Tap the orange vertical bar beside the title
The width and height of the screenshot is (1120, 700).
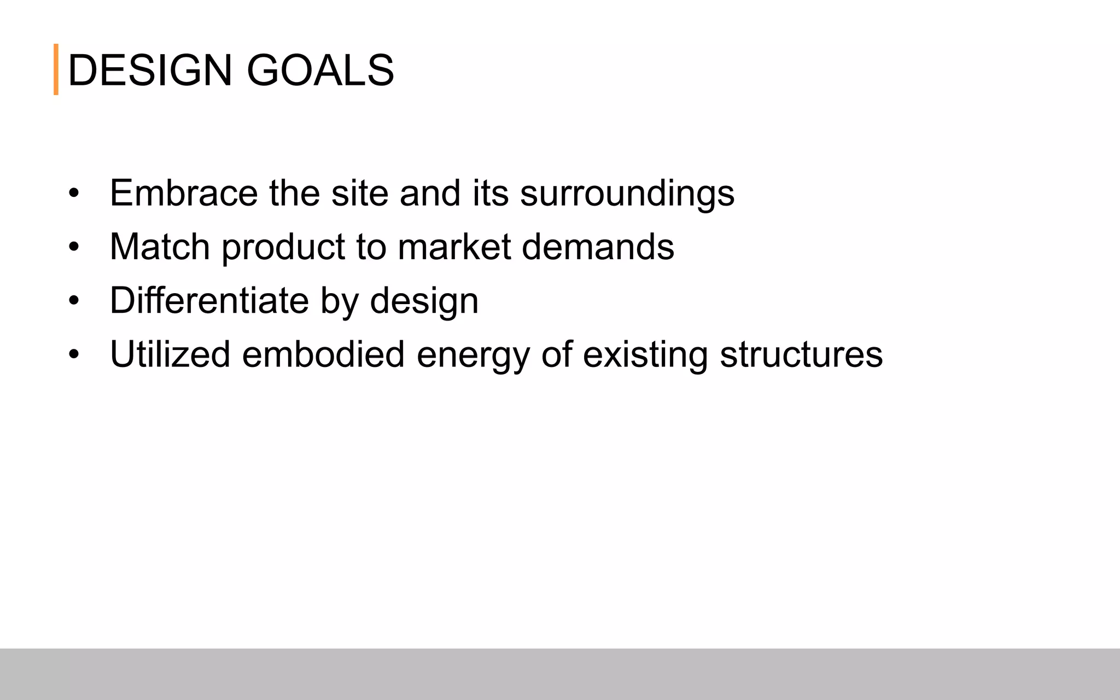coord(56,69)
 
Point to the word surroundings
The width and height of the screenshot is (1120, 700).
coord(627,194)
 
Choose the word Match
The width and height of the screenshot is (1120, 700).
coord(160,247)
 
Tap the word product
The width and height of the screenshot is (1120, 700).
coord(283,248)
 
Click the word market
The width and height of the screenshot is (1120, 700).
coord(454,247)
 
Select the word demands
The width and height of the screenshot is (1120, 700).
coord(598,247)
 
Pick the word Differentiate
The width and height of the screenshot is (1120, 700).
coord(209,300)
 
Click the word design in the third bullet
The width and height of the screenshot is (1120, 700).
coord(424,301)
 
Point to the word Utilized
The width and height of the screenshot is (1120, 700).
coord(170,354)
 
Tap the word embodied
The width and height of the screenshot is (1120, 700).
coord(323,354)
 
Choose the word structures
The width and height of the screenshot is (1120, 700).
coord(801,354)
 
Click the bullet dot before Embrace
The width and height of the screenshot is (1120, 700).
coord(74,194)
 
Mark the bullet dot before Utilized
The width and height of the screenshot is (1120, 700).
coord(74,354)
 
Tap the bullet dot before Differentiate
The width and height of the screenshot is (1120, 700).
coord(74,301)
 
